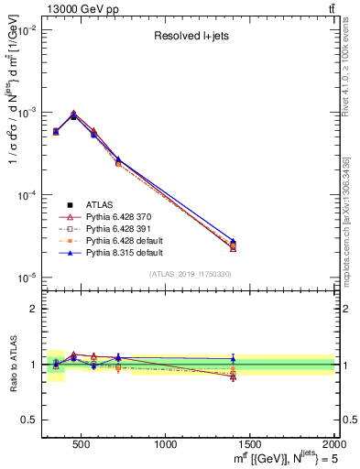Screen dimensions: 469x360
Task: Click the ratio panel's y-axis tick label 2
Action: (32, 309)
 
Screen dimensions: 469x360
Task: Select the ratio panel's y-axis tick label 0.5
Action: (29, 420)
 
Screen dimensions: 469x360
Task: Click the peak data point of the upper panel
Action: (73, 115)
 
